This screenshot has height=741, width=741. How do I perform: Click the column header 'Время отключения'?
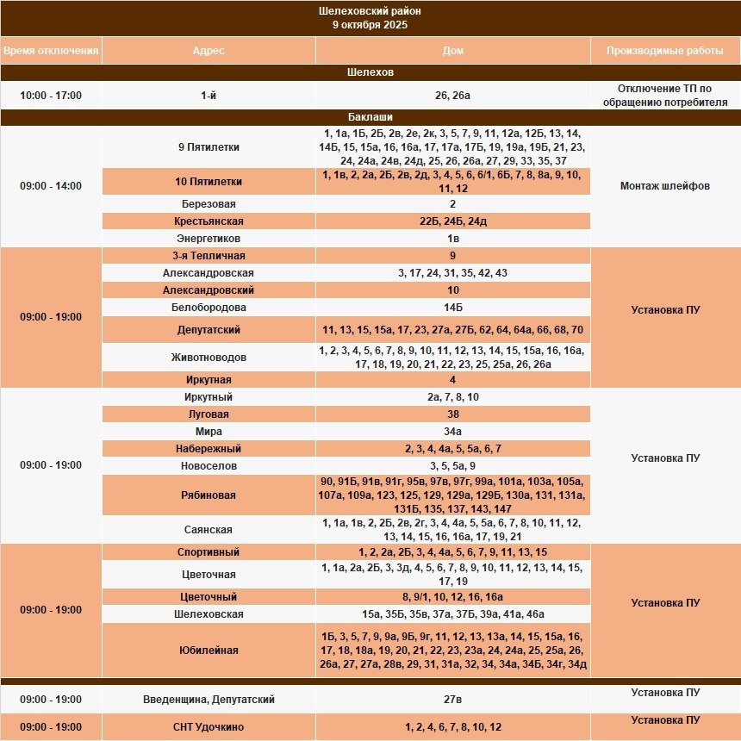51,51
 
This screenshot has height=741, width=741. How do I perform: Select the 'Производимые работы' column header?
665,51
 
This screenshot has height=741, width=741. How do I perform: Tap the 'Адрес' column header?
209,51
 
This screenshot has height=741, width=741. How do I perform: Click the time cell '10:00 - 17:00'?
51,96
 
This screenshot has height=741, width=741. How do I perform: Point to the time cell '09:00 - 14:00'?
51,185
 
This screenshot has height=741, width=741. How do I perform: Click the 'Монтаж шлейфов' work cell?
665,185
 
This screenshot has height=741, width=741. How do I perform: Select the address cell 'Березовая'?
209,204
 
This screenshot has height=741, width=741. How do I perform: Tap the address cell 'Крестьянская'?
209,221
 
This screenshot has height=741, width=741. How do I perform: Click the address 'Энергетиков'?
209,239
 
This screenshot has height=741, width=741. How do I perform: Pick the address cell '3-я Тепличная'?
209,256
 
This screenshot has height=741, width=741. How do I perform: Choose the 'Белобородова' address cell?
209,308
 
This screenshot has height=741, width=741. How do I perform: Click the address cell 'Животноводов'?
209,358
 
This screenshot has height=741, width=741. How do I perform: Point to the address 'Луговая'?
209,414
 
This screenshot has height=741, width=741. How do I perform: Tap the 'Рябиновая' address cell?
209,495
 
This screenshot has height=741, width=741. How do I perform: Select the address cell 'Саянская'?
209,530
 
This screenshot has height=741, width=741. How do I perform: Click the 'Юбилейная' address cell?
209,651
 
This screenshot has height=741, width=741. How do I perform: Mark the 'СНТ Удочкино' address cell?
209,727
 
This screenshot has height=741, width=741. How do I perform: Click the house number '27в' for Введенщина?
453,700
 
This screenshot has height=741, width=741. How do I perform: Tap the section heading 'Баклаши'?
370,117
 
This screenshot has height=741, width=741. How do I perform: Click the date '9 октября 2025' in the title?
370,25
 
